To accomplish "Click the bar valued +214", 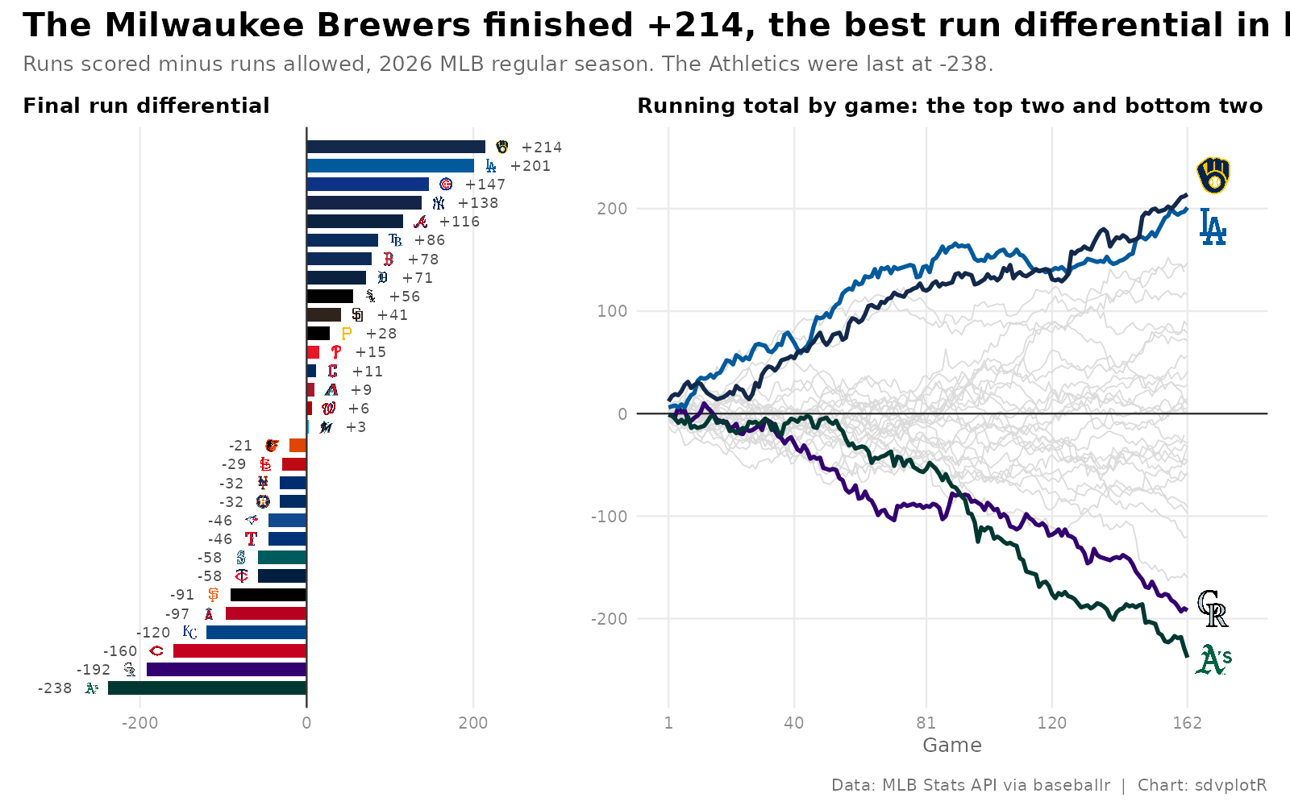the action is pos(396,147).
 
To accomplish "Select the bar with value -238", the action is pos(207,688).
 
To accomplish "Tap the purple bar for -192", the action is pos(227,670).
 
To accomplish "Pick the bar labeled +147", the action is pos(368,185).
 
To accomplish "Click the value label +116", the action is pos(459,222).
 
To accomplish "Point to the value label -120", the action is pos(153,633).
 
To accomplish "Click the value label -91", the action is pos(182,596).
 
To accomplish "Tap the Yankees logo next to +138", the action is pos(439,202).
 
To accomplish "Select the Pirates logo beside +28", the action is pos(346,334).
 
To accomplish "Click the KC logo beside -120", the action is pos(189,632).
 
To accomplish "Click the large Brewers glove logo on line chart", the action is pos(1213,175).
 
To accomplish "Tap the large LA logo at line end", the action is pos(1213,226).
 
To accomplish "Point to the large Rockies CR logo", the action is pos(1213,609).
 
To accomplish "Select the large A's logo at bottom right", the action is pos(1213,660).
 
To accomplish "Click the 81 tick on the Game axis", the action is pos(926,722).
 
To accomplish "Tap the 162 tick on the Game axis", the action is pos(1188,722).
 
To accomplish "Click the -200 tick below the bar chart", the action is pos(139,722).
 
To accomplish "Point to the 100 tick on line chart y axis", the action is pos(612,311).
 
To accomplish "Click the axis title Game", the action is pos(952,746).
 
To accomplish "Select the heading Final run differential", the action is pos(146,106).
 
